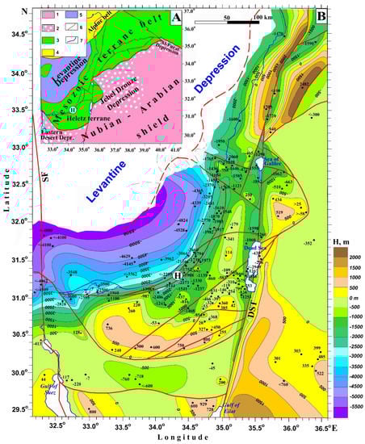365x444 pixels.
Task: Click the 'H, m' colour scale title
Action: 346,240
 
